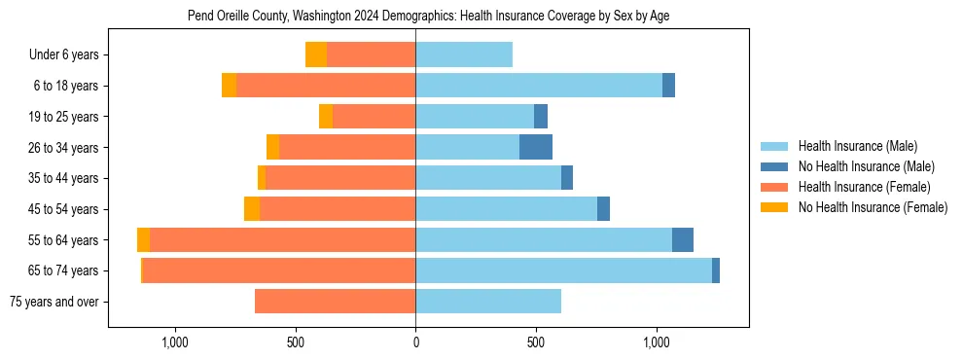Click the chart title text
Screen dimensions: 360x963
coord(427,16)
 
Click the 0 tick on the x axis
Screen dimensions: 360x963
coord(415,342)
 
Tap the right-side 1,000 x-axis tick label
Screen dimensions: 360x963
coord(656,342)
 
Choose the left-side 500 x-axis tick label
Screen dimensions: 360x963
coord(296,342)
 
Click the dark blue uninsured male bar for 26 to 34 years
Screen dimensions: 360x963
coord(536,147)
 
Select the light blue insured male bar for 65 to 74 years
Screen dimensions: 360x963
coord(563,270)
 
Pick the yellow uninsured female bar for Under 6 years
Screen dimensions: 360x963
coord(316,54)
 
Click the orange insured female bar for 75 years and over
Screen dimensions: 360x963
coord(335,302)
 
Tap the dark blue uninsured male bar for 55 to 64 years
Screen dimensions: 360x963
coord(683,239)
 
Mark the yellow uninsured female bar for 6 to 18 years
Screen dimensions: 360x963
coord(230,86)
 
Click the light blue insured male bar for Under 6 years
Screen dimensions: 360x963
coord(464,54)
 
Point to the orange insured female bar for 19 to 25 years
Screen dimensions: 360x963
coord(374,117)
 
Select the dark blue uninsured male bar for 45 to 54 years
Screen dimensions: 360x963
coord(603,209)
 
